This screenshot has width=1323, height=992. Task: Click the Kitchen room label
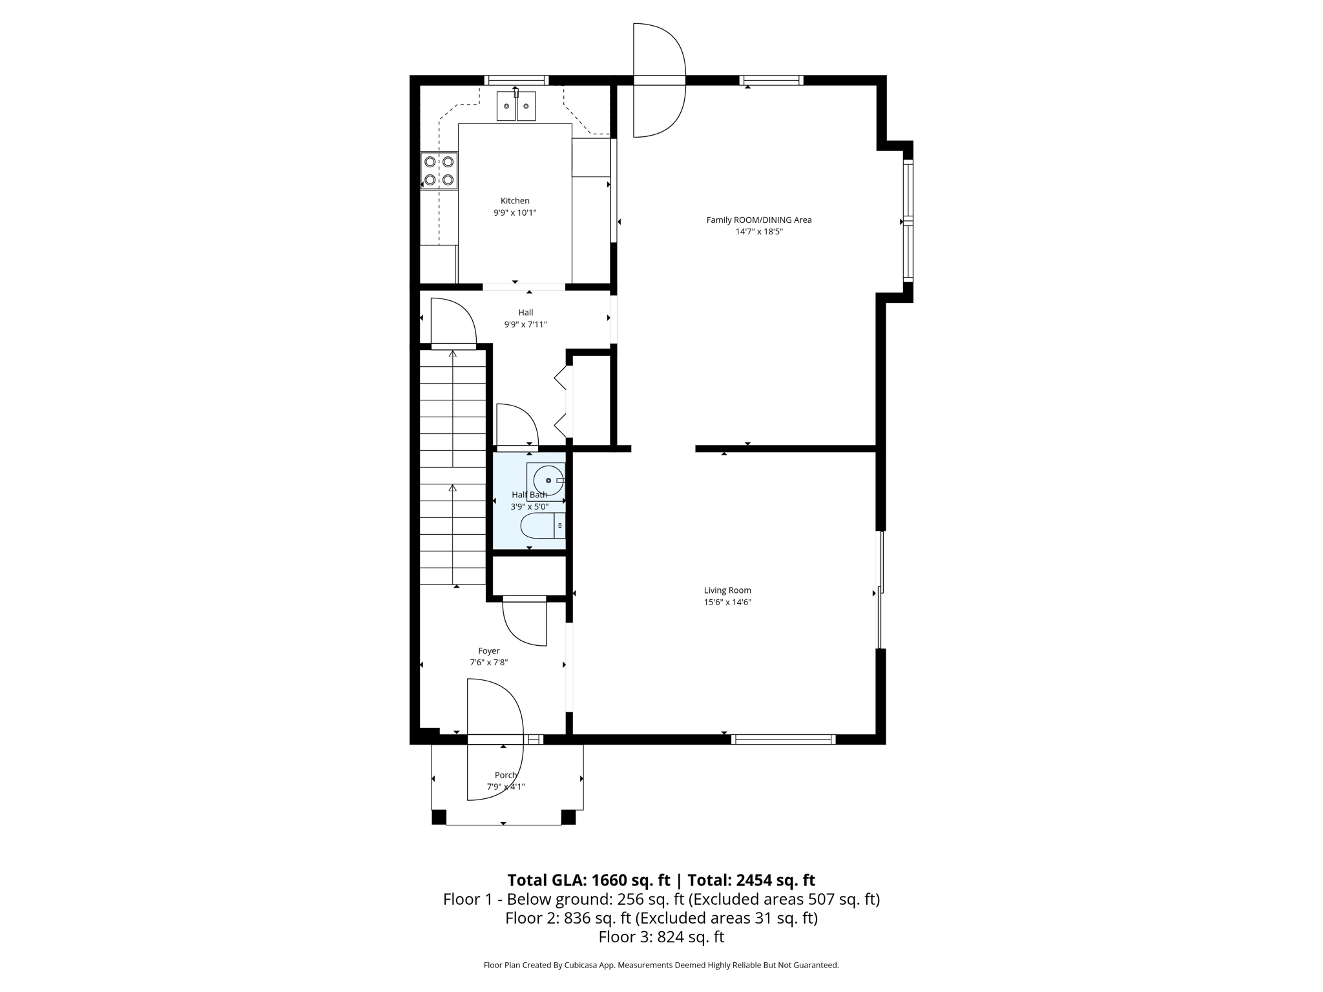coord(515,201)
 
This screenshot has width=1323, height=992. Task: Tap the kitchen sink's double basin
coord(516,106)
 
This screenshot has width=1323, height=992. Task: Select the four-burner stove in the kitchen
coord(439,170)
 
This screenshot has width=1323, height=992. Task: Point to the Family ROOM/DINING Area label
coord(758,220)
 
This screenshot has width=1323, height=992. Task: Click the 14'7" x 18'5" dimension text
coord(758,231)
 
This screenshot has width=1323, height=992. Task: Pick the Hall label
coord(525,313)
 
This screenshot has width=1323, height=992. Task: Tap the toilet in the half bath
coord(542,526)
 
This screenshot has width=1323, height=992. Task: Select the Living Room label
coord(727,590)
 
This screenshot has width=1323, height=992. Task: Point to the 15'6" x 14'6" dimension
coord(727,602)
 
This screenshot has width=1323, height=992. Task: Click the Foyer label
coord(488,651)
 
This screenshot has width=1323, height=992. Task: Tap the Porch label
coord(506,775)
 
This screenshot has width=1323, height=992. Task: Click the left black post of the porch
coord(439,817)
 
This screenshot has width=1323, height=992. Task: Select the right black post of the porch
coord(568,817)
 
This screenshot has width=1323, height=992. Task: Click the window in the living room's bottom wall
coord(783,739)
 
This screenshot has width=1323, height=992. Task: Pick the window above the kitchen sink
coord(516,81)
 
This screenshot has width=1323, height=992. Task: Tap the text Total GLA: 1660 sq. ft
coord(589,880)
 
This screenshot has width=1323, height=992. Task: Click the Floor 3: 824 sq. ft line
coord(661,937)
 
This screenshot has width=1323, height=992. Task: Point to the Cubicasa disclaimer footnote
coord(661,966)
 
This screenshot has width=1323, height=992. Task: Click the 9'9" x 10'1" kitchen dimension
coord(515,212)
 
